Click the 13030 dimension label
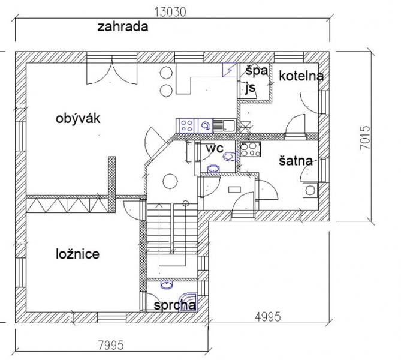tap(171, 12)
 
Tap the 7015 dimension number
tap(364, 137)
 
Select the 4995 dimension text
tap(268, 317)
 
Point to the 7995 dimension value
tap(111, 346)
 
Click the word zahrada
tap(123, 27)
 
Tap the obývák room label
tap(78, 119)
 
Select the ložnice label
tap(77, 254)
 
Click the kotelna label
tap(301, 76)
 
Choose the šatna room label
tap(296, 161)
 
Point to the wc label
tap(215, 148)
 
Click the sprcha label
tap(175, 305)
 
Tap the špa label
tap(257, 71)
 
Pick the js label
tap(251, 88)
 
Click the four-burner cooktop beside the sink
tap(186, 126)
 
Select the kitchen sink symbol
tap(224, 125)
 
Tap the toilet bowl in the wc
tap(228, 157)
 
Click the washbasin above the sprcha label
tap(167, 285)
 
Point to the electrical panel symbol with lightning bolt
tap(230, 70)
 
